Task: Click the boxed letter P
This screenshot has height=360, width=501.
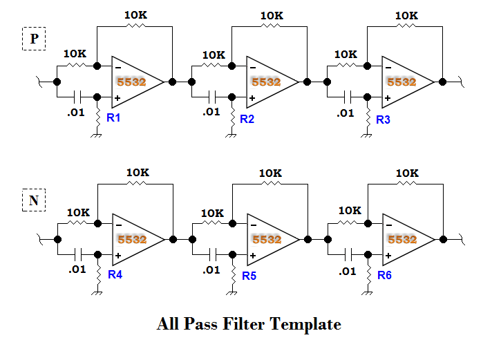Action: pyautogui.click(x=34, y=39)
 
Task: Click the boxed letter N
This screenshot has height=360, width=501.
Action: pyautogui.click(x=34, y=200)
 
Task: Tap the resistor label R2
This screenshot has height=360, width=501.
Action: pyautogui.click(x=247, y=119)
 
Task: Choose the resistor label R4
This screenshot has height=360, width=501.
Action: pyautogui.click(x=115, y=274)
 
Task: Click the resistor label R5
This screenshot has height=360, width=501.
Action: pyautogui.click(x=249, y=276)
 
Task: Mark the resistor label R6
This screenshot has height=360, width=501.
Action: pyautogui.click(x=384, y=276)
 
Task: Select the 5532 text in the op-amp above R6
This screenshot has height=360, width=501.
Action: pyautogui.click(x=401, y=239)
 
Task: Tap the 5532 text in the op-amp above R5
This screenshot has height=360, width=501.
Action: pyautogui.click(x=266, y=239)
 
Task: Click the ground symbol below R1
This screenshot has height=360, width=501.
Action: pyautogui.click(x=97, y=134)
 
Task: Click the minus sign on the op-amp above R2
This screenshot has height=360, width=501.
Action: pyautogui.click(x=252, y=67)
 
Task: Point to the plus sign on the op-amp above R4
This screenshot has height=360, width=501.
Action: pyautogui.click(x=119, y=256)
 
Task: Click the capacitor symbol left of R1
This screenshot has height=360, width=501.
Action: pyautogui.click(x=78, y=97)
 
